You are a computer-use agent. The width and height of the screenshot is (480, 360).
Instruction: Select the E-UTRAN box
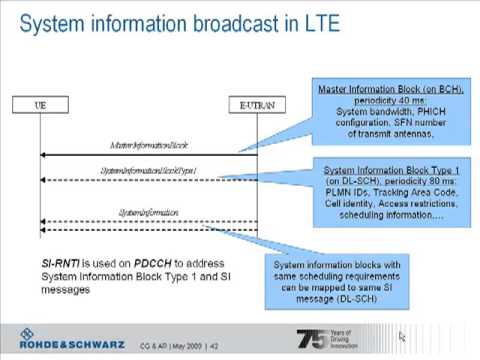coord(256,102)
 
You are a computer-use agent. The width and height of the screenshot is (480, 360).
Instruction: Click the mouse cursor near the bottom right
coord(402,338)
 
